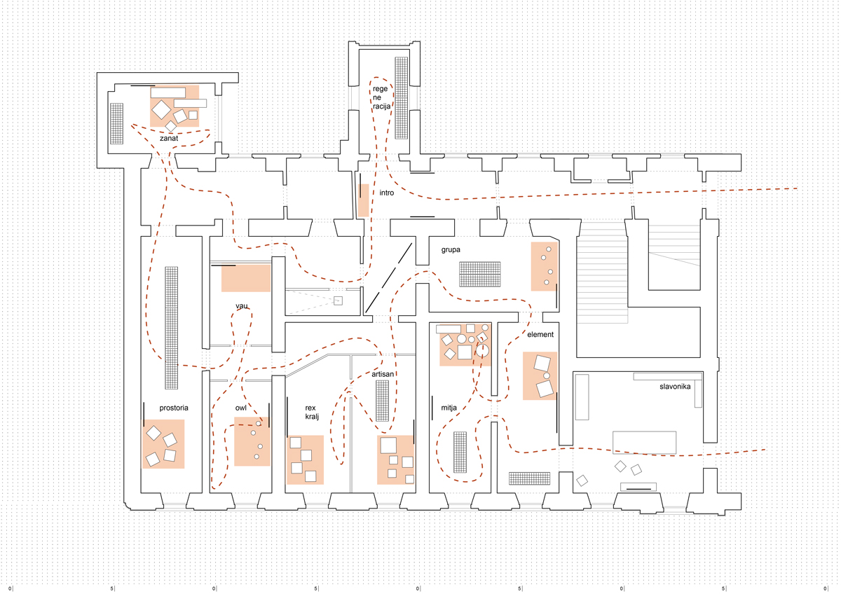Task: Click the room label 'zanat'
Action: (x=169, y=139)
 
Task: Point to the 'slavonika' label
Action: (x=675, y=387)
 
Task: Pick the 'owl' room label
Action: (x=240, y=407)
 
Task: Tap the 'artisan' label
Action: (x=383, y=375)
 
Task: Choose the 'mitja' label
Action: (x=449, y=407)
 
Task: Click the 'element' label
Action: (x=540, y=335)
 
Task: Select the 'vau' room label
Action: (x=242, y=306)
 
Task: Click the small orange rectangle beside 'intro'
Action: (x=363, y=200)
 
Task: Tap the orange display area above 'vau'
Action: (x=246, y=278)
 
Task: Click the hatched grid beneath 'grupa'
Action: (x=480, y=274)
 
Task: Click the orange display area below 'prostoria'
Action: (x=163, y=444)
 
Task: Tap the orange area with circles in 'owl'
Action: (x=252, y=441)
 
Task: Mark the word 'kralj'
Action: (x=311, y=417)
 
